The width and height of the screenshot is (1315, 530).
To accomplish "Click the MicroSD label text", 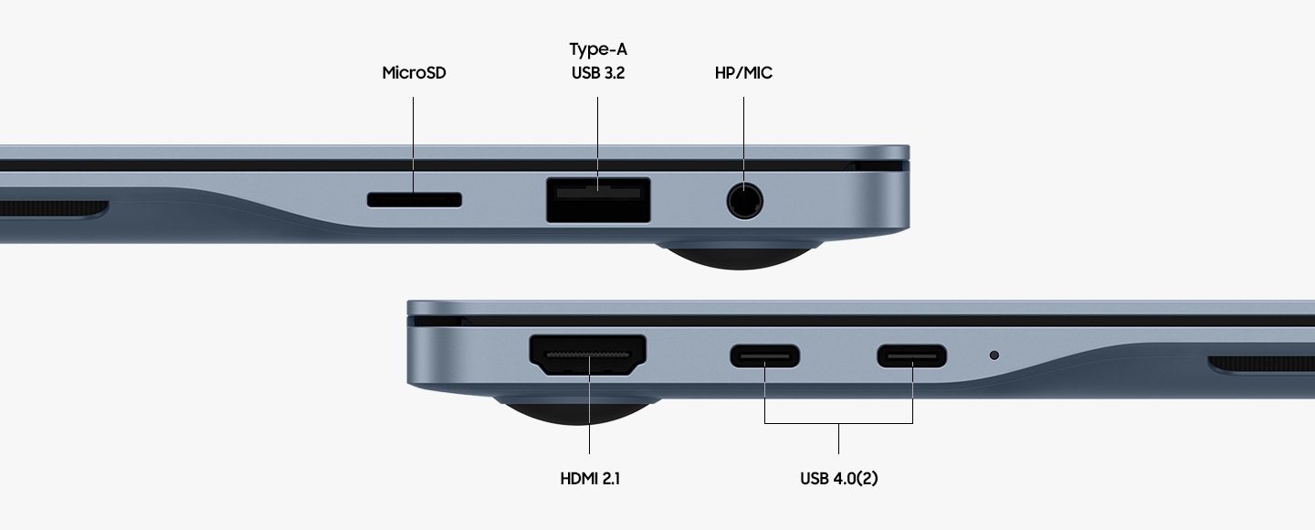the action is pos(414,73).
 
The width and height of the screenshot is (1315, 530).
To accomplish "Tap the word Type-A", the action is pos(598,49).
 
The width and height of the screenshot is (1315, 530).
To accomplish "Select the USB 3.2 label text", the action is pos(598,73).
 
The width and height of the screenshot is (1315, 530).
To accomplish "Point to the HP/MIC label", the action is pos(743,73).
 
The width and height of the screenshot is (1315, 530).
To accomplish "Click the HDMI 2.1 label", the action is pos(590,478).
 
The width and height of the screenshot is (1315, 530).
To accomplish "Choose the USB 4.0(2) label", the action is pos(839,478).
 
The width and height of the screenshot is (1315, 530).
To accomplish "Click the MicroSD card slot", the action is pos(414,200).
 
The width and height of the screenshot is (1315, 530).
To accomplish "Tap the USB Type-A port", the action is pos(598,200).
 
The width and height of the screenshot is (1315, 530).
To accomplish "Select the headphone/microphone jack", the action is pos(744,201).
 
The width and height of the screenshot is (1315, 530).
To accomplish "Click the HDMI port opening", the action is pos(588,355).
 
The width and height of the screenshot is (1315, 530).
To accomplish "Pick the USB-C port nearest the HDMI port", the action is pos(765,356).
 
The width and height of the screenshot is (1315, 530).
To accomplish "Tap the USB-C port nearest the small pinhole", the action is pos(911,356).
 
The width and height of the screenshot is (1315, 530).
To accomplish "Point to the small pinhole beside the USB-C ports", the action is pos(994,355).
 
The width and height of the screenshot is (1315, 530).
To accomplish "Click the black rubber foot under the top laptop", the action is pos(740,257).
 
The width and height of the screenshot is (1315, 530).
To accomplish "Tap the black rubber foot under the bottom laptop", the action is pos(576,411).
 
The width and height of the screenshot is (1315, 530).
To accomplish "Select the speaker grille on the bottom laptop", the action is pos(1262,364).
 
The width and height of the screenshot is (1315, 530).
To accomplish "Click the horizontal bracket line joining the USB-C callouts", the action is pos(838,423).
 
